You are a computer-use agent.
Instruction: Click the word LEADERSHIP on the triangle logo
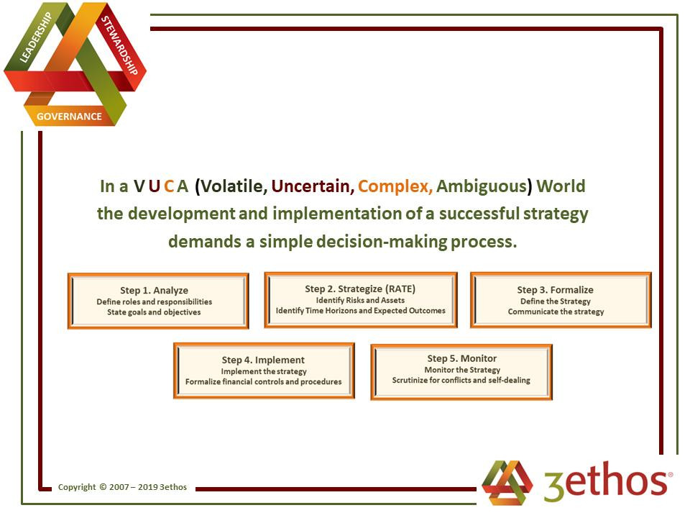tap(36, 37)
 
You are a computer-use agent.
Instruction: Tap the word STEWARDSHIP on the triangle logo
tap(120, 45)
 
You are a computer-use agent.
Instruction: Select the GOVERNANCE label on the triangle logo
tap(69, 117)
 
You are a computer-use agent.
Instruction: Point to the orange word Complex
tap(395, 187)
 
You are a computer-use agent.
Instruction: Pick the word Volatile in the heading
tap(231, 186)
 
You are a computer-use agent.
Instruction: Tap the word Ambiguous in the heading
tap(484, 187)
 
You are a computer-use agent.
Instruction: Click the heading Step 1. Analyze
tap(154, 291)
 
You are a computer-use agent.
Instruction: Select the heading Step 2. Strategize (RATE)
tap(360, 289)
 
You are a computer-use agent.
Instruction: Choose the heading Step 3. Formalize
tap(556, 290)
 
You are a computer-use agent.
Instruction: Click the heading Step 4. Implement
tap(263, 360)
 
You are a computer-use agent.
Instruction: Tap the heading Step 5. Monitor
tap(462, 358)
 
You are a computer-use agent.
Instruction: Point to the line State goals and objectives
tap(154, 312)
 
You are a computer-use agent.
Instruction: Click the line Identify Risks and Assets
tap(360, 301)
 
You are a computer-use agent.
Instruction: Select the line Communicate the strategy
tap(556, 312)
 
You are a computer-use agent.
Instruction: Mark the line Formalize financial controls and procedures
tap(263, 382)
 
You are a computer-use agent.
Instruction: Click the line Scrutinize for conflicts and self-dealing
tap(461, 380)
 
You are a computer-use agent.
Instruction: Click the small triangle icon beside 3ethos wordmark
tap(507, 482)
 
